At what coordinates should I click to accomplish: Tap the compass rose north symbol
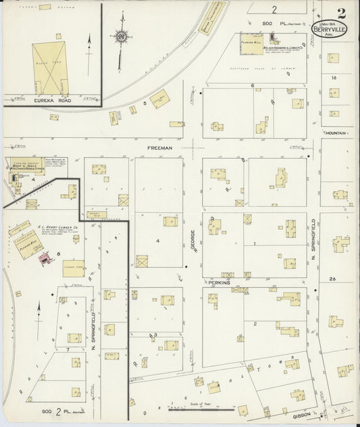click(121, 36)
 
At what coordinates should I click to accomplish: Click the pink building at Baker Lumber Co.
click(46, 257)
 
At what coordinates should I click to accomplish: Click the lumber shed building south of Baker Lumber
click(74, 268)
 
